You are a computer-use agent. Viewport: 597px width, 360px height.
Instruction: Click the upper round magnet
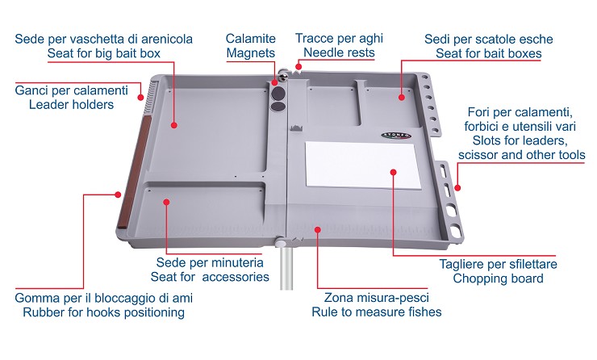(x=279, y=93)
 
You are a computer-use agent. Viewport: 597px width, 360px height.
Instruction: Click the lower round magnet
(x=278, y=107)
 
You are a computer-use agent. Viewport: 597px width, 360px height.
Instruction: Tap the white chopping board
(x=363, y=165)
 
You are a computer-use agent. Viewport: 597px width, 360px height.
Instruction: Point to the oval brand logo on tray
(x=396, y=136)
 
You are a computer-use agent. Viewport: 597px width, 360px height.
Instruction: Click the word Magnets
(x=251, y=53)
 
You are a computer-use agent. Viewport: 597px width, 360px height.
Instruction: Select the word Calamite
(x=251, y=39)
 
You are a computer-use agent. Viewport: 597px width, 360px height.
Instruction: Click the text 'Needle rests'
(x=339, y=52)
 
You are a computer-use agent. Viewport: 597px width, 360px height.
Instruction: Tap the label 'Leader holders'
(x=71, y=104)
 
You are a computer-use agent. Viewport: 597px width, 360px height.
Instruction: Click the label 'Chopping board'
(x=498, y=278)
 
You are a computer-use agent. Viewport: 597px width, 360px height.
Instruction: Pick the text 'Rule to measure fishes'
(x=377, y=312)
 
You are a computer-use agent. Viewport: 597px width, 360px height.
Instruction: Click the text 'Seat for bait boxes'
(x=488, y=53)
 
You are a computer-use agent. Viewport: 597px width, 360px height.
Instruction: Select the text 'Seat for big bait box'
(x=103, y=53)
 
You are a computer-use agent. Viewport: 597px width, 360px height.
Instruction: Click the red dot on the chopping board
(x=394, y=172)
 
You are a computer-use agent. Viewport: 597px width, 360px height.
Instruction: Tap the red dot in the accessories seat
(x=166, y=202)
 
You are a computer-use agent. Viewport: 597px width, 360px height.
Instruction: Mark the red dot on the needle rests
(x=298, y=67)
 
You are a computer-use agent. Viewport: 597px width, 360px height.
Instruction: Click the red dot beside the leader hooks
(x=140, y=98)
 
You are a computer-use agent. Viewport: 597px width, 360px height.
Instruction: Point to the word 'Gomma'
(x=34, y=298)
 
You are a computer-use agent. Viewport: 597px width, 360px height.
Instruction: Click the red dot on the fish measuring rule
(x=318, y=229)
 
